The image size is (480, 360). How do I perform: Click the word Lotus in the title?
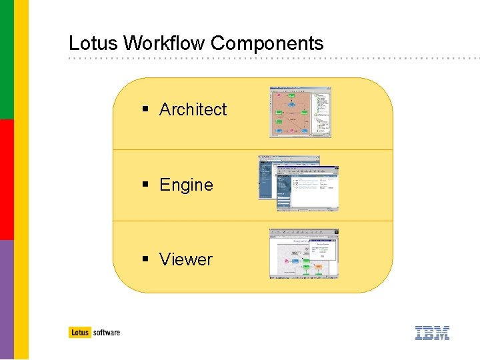(93, 44)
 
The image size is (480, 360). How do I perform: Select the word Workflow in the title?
(165, 44)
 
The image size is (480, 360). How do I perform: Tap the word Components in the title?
(267, 44)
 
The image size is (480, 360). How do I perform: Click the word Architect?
(193, 109)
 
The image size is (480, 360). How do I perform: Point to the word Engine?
(186, 185)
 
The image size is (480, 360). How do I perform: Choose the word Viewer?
(185, 259)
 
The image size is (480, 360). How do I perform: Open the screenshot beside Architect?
(300, 112)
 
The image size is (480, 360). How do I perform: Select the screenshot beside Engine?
(299, 184)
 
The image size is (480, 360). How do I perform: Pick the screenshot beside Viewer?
(303, 253)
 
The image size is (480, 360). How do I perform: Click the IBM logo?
(432, 333)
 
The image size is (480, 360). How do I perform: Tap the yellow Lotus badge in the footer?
(79, 332)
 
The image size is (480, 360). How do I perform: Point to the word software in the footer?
(107, 332)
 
